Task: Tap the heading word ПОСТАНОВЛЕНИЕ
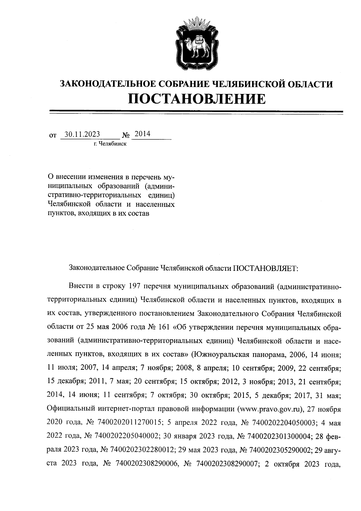tap(197, 98)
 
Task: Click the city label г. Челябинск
tap(110, 144)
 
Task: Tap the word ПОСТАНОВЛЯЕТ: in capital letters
tap(265, 267)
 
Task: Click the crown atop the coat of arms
tap(196, 24)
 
